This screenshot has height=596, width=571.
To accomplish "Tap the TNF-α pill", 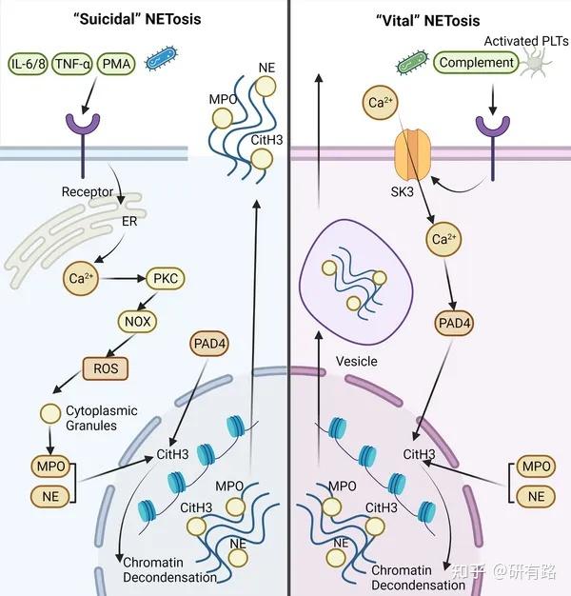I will pyautogui.click(x=79, y=63).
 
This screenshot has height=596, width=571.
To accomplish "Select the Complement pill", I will pyautogui.click(x=478, y=64).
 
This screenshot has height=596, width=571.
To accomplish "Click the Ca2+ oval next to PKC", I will pyautogui.click(x=79, y=280).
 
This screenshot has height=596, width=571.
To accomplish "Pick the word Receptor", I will pyautogui.click(x=88, y=191).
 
